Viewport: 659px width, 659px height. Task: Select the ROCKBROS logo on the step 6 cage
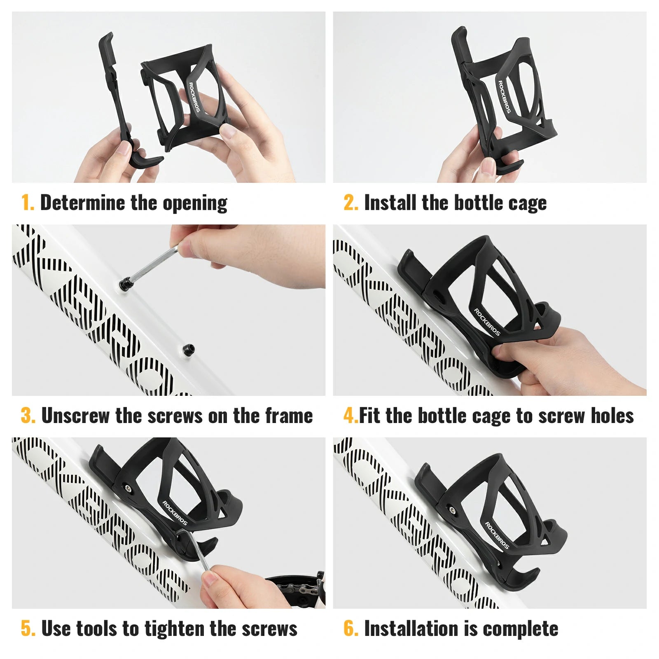point(497,535)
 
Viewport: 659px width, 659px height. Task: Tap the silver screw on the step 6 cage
point(452,511)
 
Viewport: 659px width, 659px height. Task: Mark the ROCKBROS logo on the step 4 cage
point(487,322)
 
